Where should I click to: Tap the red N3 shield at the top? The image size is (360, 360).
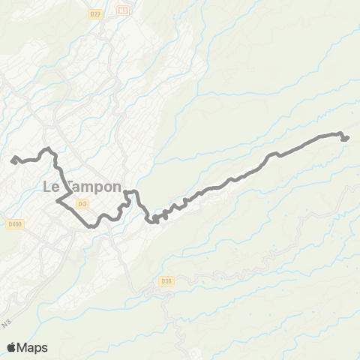tap(123, 10)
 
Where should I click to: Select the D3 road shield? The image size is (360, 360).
tap(82, 202)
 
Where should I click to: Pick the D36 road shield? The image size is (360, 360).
tap(166, 281)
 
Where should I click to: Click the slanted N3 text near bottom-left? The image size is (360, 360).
tap(28, 323)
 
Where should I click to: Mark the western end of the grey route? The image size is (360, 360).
tap(13, 158)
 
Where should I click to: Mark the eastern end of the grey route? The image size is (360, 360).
tap(346, 137)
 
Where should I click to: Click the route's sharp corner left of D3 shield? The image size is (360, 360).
tap(57, 201)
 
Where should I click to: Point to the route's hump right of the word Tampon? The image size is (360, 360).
tap(132, 193)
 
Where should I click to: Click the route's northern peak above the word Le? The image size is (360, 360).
tap(48, 148)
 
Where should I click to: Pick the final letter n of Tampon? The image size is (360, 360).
tap(116, 187)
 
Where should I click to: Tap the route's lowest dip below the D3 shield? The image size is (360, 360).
tap(90, 225)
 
